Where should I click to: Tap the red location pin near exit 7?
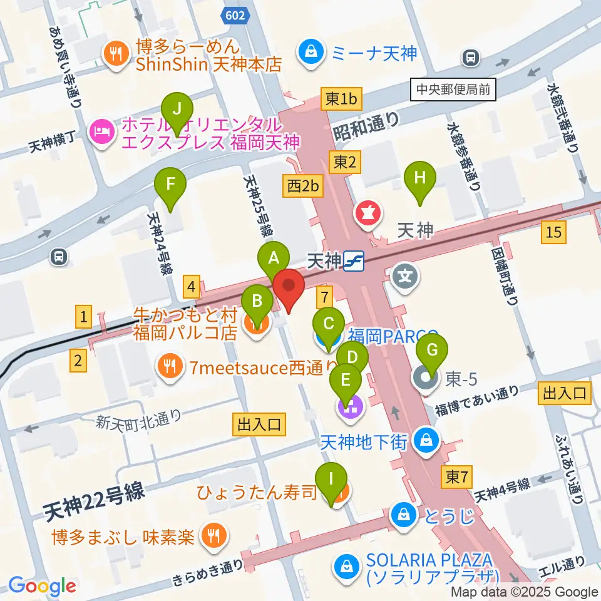tap(289, 289)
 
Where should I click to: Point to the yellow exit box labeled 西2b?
tap(304, 186)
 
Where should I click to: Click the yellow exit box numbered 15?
tap(553, 233)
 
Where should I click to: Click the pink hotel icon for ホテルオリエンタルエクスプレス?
tap(101, 131)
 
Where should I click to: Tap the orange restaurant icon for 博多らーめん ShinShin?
tap(117, 54)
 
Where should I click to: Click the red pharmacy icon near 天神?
tap(369, 213)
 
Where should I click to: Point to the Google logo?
tap(42, 586)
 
